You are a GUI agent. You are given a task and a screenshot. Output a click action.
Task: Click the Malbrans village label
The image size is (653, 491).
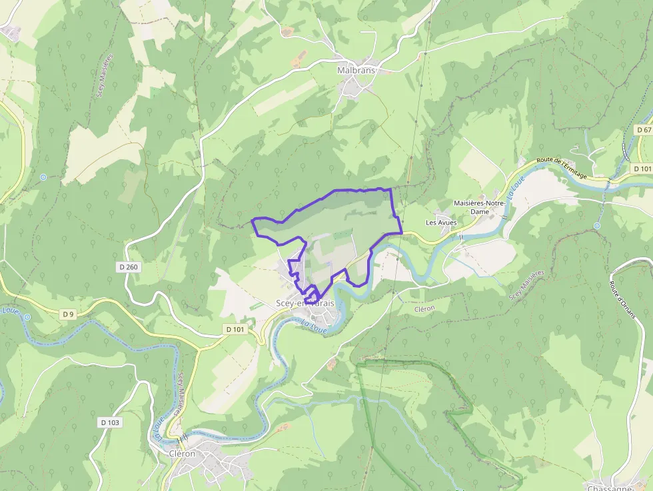tap(356, 70)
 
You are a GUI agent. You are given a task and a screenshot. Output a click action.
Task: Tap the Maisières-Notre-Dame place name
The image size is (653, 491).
tap(480, 207)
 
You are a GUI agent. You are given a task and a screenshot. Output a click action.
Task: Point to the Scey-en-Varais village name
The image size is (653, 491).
tap(305, 303)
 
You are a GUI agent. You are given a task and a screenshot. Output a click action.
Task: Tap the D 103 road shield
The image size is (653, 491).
tap(110, 422)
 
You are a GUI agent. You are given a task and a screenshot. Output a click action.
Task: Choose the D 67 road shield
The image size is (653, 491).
tap(644, 130)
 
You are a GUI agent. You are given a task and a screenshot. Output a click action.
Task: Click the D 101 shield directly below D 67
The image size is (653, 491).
tap(643, 169)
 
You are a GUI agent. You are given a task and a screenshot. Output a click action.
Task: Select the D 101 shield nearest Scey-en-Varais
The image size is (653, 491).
tap(235, 329)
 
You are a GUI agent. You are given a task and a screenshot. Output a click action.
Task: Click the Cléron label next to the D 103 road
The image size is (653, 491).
tap(183, 454)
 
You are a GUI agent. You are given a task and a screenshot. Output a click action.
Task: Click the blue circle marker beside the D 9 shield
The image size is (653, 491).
tap(27, 317)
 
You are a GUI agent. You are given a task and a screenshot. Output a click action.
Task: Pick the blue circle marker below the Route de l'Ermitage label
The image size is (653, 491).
tap(597, 226)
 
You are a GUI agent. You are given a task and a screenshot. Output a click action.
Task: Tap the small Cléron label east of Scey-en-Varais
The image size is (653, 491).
tap(424, 308)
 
